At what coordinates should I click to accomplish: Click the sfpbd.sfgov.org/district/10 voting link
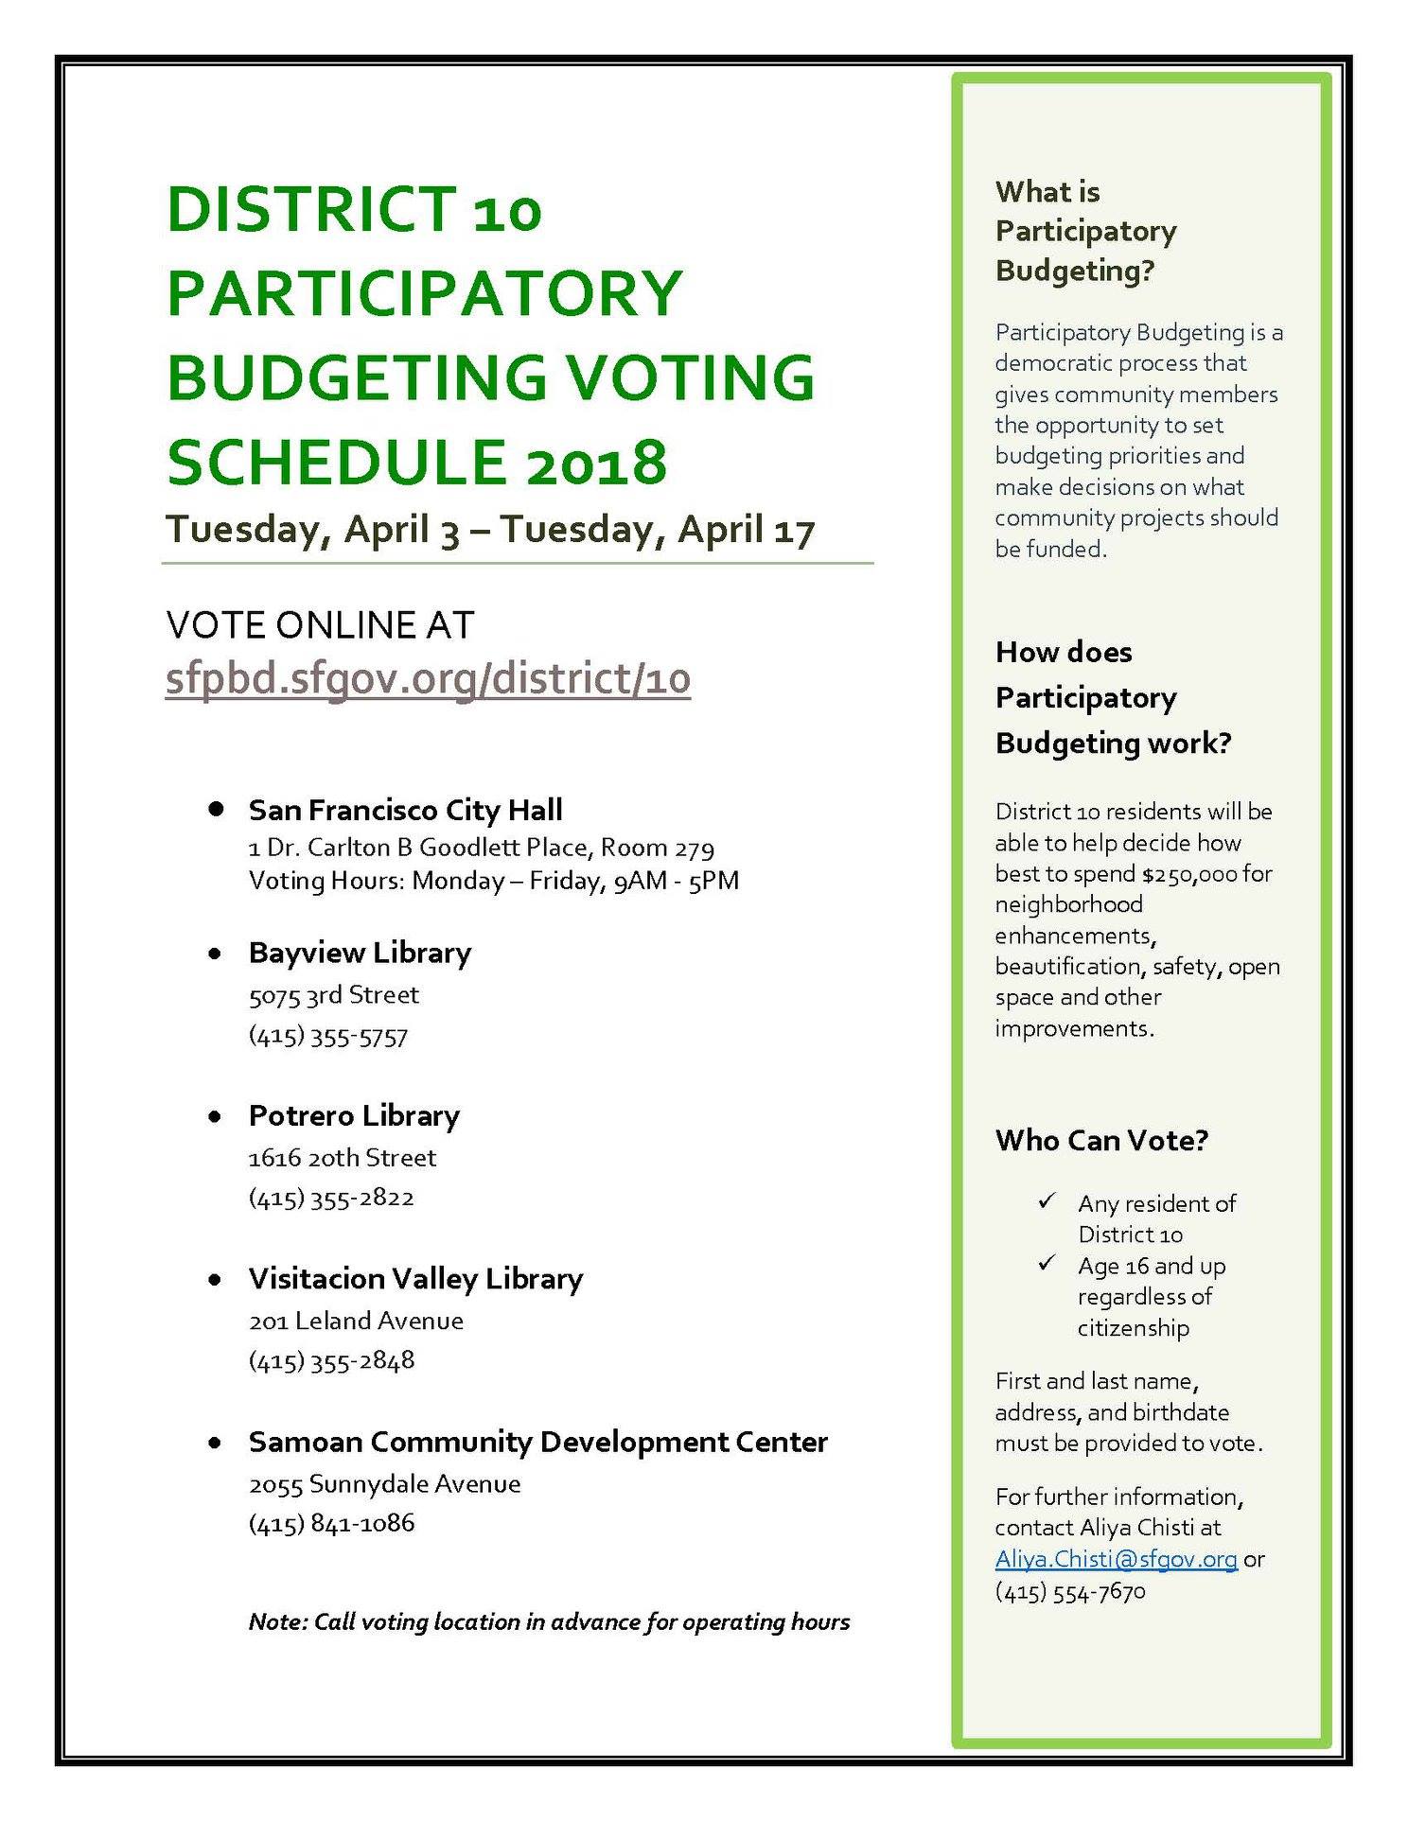click(428, 678)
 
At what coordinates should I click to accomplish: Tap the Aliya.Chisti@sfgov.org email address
click(1116, 1558)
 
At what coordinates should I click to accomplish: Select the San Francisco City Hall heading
click(405, 810)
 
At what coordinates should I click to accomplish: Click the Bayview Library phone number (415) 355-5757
click(328, 1036)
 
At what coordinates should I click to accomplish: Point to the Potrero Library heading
click(354, 1115)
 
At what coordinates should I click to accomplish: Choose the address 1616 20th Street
click(343, 1157)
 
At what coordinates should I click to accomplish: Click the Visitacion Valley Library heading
click(415, 1278)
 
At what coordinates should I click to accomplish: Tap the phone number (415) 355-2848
click(331, 1360)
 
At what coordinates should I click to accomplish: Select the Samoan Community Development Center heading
click(537, 1442)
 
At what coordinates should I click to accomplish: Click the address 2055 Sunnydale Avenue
click(384, 1483)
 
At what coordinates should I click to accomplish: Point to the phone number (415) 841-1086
click(331, 1523)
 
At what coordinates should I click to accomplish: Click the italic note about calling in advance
click(549, 1621)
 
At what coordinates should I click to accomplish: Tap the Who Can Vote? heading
click(1101, 1140)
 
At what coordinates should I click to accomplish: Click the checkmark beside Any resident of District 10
click(1047, 1201)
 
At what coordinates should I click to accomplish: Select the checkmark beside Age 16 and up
click(1047, 1263)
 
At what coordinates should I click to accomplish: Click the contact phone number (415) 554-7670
click(1070, 1591)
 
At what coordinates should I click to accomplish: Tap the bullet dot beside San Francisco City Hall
click(217, 810)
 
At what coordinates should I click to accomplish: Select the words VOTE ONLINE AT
click(320, 625)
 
